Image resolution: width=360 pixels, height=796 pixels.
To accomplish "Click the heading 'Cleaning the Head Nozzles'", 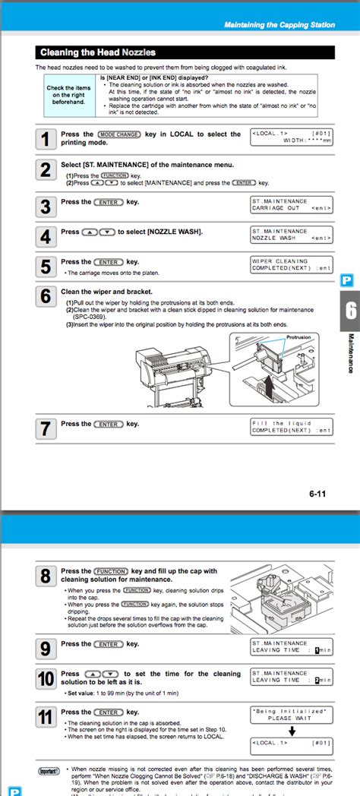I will tap(97, 52).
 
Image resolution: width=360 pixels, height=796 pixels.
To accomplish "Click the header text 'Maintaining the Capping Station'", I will tap(279, 25).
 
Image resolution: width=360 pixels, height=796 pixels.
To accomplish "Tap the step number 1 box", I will tap(46, 138).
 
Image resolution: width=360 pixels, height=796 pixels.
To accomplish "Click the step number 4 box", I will tap(46, 236).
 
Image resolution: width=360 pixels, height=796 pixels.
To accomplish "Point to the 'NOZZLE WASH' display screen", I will tap(291, 235).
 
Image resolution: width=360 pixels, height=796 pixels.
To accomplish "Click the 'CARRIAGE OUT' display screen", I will tap(291, 204).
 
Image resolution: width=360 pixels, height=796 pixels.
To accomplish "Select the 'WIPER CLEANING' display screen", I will tap(291, 264).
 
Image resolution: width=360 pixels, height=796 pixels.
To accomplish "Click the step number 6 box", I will tap(46, 296).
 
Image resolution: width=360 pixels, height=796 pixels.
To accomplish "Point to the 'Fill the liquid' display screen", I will tap(291, 427).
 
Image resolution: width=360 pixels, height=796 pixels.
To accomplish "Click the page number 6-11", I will tap(317, 494).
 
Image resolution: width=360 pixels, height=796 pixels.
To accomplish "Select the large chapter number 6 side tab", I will tap(350, 311).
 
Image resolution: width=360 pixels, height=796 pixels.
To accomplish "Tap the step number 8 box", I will tap(46, 577).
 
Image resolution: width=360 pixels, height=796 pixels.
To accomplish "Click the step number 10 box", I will tap(46, 679).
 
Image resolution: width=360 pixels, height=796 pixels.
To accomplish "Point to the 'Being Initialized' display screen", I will tap(291, 714).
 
